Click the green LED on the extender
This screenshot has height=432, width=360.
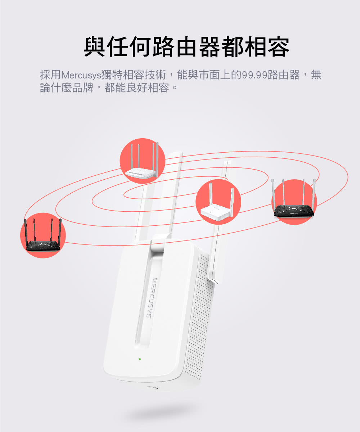(140, 359)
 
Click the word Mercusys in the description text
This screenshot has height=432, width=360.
(81, 75)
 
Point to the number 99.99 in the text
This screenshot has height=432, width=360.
(254, 75)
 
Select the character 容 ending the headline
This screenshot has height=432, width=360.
(278, 46)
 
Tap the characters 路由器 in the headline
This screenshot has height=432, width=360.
(186, 46)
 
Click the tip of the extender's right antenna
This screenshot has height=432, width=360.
(228, 161)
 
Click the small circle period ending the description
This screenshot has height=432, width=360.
(175, 88)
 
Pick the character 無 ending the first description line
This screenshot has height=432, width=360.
(316, 75)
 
